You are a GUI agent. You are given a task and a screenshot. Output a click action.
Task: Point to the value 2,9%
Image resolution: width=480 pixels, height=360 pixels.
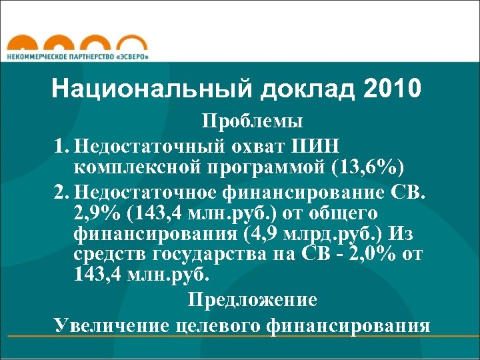(x=97, y=214)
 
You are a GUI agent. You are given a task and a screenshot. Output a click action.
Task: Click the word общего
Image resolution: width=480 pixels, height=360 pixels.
(x=344, y=214)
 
